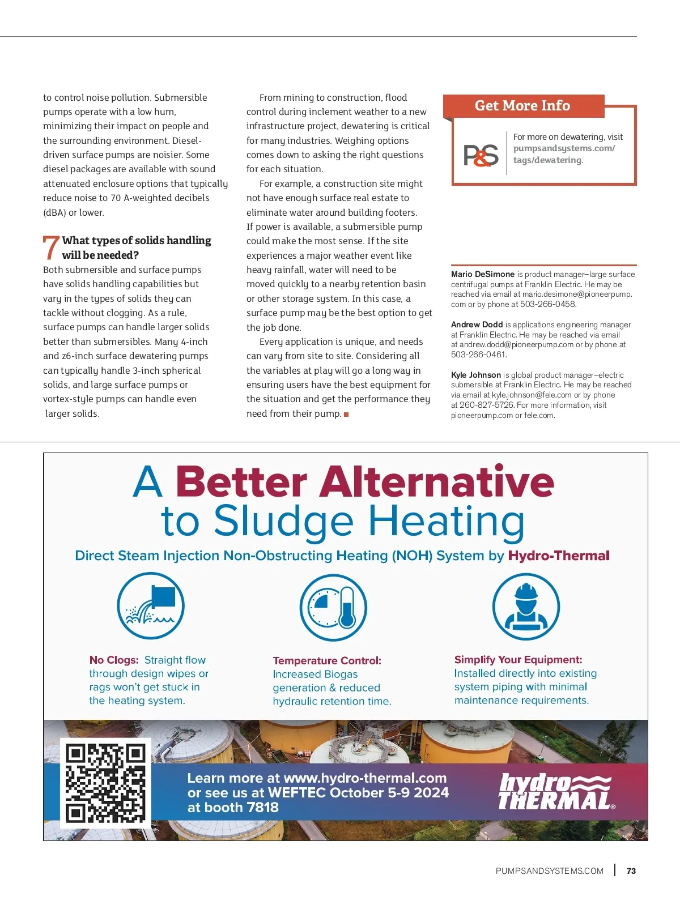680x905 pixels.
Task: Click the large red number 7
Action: pos(50,247)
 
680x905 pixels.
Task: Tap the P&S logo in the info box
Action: pos(481,155)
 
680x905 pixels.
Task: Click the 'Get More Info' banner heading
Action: pos(522,106)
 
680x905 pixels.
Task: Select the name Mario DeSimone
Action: pos(483,274)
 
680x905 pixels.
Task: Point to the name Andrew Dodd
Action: pos(477,325)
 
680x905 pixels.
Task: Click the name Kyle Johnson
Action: pos(476,375)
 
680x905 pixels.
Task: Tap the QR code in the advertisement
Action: pos(105,783)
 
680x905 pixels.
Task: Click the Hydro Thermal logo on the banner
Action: pos(555,792)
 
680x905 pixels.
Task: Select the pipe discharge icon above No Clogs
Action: pos(151,607)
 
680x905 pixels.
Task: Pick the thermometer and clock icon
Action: pos(333,608)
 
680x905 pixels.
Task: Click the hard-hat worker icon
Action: pos(526,607)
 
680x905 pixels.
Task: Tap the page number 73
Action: pos(631,871)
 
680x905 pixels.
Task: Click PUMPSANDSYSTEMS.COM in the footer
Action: pos(549,871)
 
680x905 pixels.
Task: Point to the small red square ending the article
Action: pos(346,415)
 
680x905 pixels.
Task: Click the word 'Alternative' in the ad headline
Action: pos(437,482)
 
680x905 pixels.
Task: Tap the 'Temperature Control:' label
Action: pos(327,660)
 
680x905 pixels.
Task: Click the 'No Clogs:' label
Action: pos(114,660)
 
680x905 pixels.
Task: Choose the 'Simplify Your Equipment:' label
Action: pos(518,660)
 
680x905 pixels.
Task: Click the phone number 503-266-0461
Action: pos(478,355)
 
